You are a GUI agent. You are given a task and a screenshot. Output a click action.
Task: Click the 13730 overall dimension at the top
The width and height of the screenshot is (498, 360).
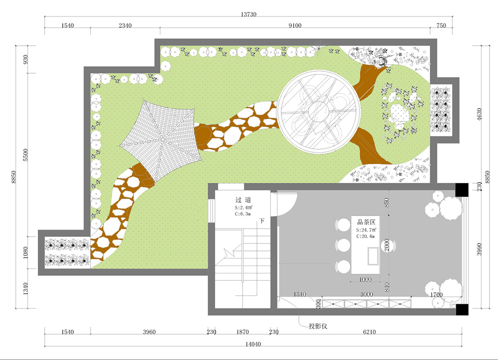pos(249,14)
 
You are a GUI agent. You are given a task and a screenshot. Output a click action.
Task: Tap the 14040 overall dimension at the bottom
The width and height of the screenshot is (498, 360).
pos(253,344)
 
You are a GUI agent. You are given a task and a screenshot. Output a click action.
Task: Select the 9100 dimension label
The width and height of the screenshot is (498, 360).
pos(295,25)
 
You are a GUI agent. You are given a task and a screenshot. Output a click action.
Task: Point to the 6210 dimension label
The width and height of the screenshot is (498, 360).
pos(370,332)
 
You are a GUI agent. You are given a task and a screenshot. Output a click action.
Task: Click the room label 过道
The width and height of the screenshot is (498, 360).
pos(244,200)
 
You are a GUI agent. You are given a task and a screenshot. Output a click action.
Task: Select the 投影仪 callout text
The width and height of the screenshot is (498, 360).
pos(318,326)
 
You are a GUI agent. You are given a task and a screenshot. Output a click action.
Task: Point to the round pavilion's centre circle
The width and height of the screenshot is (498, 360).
pos(318,112)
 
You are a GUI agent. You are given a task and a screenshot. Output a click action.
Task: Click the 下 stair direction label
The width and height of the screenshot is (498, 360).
pos(262,221)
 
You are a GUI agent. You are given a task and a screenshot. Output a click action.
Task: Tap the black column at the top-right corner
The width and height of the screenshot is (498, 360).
pos(462,190)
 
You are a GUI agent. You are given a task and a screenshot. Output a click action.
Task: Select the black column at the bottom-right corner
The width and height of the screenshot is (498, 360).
pos(462,310)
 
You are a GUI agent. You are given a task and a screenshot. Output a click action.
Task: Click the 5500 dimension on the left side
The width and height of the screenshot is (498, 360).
pos(26,155)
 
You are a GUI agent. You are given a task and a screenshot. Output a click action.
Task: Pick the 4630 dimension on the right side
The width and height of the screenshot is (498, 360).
pos(479,115)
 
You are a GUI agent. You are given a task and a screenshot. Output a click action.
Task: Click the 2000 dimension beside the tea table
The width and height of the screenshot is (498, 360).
pos(387,245)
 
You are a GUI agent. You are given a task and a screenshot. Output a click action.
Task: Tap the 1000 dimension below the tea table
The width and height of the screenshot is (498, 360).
pos(365,280)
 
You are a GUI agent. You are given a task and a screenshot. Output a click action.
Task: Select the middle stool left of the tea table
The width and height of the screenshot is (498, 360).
pos(343,245)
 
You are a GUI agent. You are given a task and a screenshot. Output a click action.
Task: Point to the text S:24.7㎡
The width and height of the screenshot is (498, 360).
pos(366,230)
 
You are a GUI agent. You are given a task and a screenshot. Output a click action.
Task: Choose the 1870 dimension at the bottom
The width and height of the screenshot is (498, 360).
pos(243,332)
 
